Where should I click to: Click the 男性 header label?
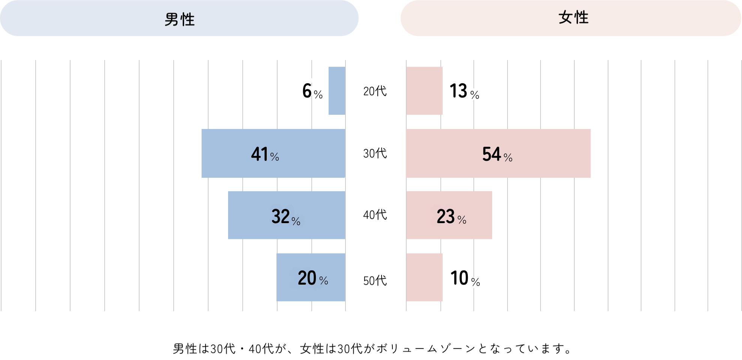coord(179,19)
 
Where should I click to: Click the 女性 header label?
coord(573,18)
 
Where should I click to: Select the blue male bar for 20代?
coord(337,91)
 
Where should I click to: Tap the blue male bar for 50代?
coord(285,277)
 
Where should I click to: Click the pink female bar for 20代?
coord(424,91)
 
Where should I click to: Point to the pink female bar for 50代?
coord(424,277)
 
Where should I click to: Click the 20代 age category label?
coord(375,91)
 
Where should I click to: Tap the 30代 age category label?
coord(375,153)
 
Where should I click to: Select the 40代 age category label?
coord(375,215)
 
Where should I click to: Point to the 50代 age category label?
coord(375,280)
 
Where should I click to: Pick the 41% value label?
coord(265,154)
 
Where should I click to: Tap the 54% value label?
coord(497,154)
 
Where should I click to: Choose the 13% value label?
coord(464,91)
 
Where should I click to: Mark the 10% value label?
coord(465,278)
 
